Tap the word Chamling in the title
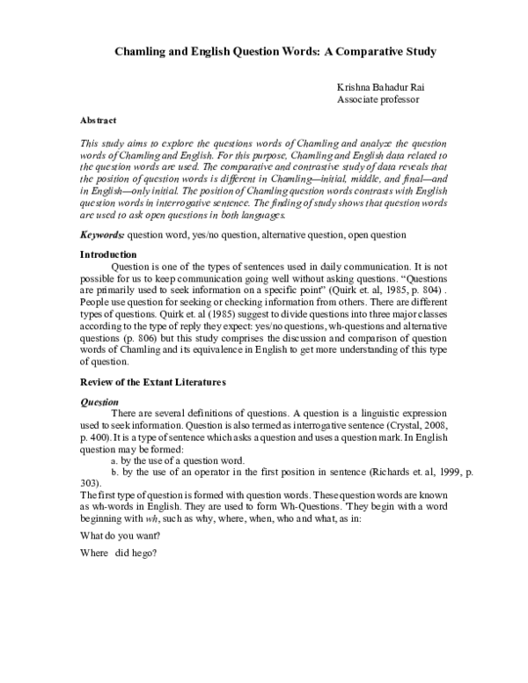coord(144,52)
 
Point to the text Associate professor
coord(378,100)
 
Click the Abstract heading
coord(98,119)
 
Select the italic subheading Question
coord(99,402)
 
